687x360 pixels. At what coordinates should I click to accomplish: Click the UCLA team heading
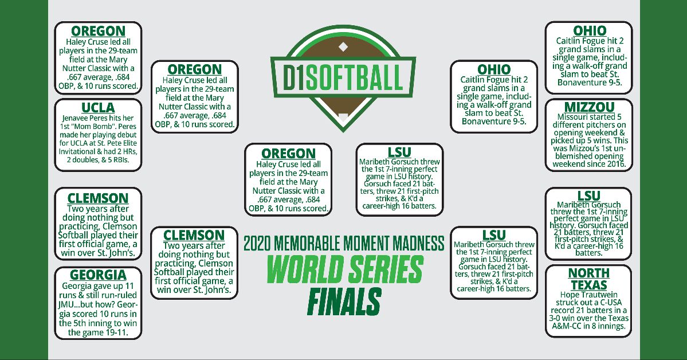pos(98,108)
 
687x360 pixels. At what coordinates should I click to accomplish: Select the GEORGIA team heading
pos(98,275)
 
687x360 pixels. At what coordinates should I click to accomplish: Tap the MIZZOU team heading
pos(589,107)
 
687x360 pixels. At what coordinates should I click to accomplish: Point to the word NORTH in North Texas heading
pos(589,273)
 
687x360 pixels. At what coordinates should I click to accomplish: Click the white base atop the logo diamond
pos(343,46)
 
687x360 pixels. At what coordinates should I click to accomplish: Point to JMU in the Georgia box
pos(66,306)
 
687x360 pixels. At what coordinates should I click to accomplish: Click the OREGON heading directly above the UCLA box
pos(98,30)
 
